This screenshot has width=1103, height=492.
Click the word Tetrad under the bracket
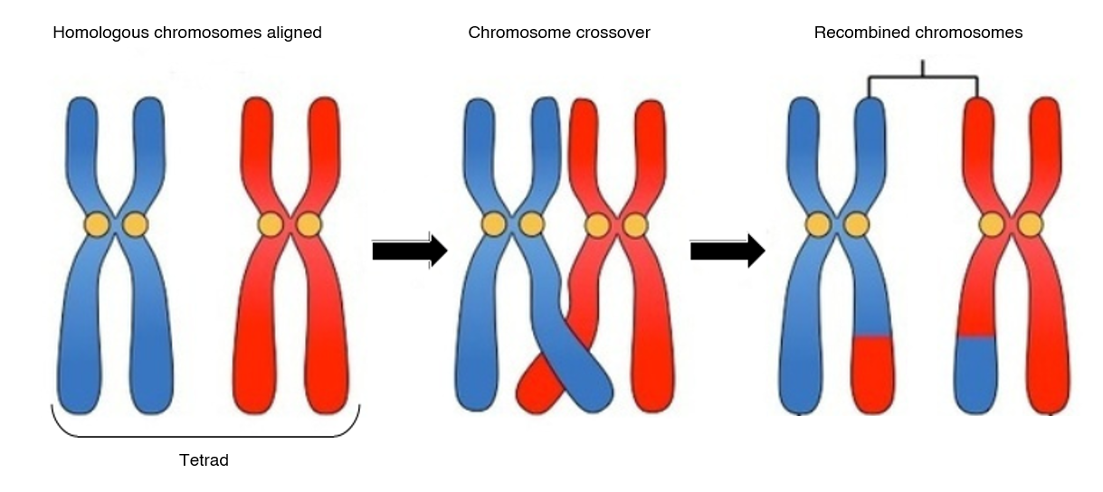click(204, 460)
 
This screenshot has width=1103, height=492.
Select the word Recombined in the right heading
click(861, 33)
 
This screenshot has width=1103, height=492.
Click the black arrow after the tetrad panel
click(409, 251)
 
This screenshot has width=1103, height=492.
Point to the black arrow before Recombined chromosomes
click(727, 251)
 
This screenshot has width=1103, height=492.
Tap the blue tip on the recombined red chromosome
click(975, 371)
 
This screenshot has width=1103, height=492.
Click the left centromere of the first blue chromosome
click(97, 224)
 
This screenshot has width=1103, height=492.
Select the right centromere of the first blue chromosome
click(136, 224)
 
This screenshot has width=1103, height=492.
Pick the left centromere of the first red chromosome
click(270, 224)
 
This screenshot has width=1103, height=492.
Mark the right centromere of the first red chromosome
click(309, 224)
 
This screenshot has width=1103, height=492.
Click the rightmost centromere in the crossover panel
click(635, 224)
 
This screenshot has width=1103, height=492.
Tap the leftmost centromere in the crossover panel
click(493, 224)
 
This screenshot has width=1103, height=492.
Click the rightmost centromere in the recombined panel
click(1031, 224)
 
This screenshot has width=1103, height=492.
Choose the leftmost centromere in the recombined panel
click(818, 224)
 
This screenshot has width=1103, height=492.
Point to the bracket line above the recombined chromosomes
click(922, 77)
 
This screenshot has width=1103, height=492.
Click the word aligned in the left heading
click(295, 33)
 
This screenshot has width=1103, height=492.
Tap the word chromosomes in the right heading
click(969, 33)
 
